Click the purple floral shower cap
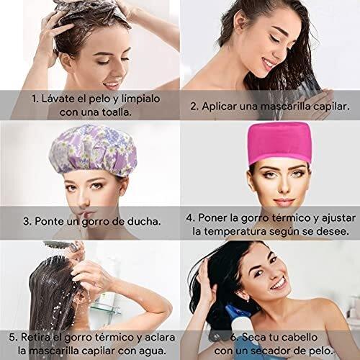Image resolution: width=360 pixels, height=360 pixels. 93,150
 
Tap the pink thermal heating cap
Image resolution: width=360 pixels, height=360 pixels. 280,143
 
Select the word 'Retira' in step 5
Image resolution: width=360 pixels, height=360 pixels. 36,337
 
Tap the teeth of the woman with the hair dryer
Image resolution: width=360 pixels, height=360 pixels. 279,285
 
